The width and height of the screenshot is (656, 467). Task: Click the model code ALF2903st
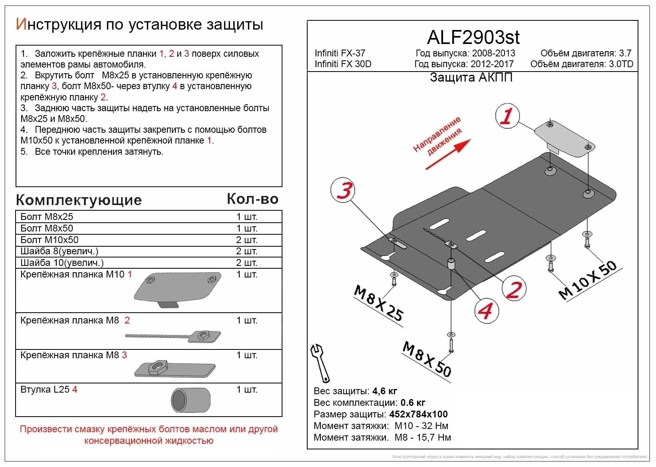coord(473,38)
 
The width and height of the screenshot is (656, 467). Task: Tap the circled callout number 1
coord(507,116)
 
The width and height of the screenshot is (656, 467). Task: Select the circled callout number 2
coord(514,289)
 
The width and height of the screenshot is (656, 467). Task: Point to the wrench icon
coord(320,363)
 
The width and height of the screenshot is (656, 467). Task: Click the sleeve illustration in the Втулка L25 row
coord(191,400)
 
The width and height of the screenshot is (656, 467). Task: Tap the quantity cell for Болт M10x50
coord(246,240)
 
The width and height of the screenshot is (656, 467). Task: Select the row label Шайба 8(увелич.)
coord(59,251)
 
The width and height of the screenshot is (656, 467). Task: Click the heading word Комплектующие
coord(79,200)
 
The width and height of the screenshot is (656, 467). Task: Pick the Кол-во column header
coord(252,199)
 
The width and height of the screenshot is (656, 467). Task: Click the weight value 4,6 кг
coord(384,391)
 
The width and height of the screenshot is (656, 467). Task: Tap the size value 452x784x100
coord(418,414)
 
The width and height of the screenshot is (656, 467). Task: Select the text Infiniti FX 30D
coord(343,64)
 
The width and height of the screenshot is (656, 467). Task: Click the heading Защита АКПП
coord(471,78)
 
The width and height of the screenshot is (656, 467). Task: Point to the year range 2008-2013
coord(493,53)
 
